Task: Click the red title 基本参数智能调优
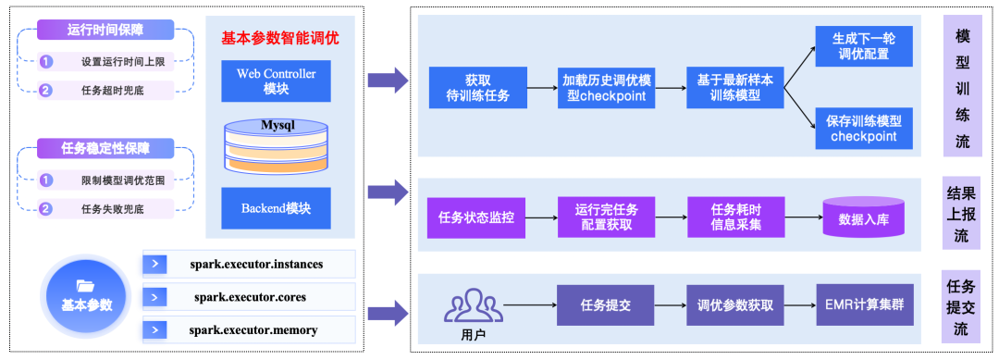tap(280, 39)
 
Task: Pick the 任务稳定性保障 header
tap(105, 147)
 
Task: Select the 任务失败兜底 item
tap(112, 209)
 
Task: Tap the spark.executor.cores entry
tap(250, 297)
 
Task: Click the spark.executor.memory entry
tap(250, 329)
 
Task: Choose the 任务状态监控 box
tap(475, 219)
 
